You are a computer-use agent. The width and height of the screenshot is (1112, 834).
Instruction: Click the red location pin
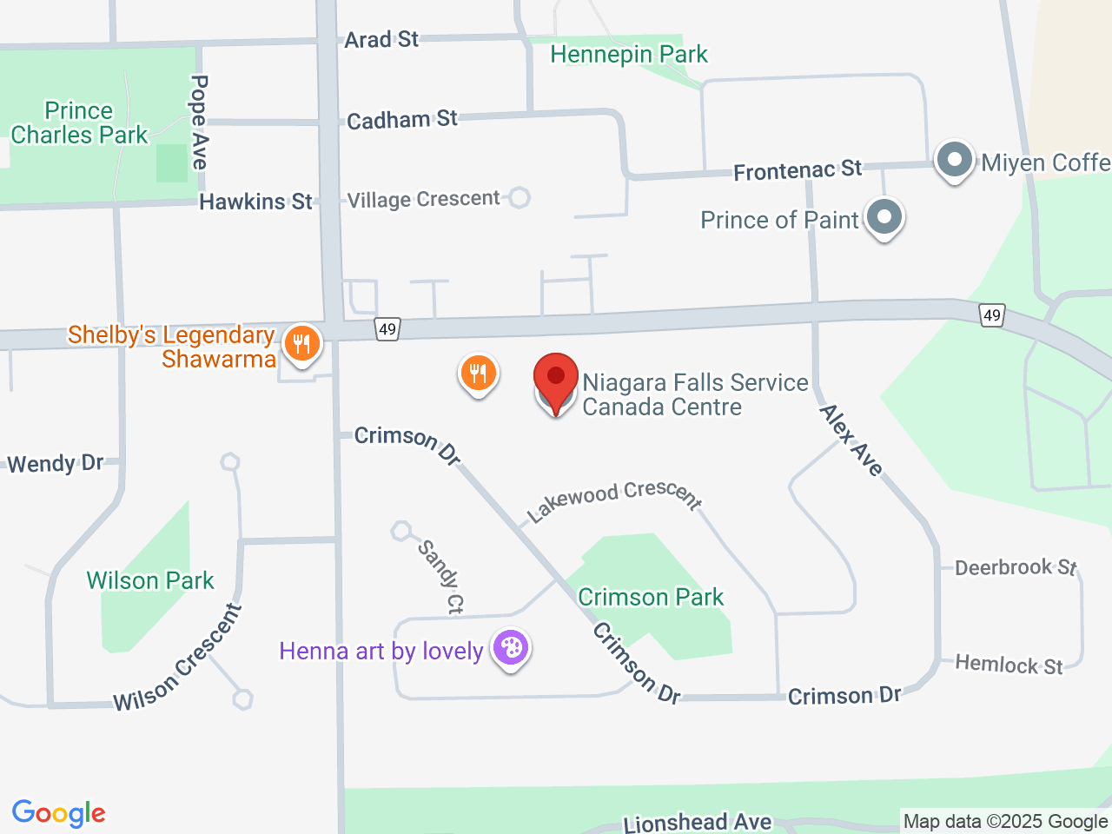556,380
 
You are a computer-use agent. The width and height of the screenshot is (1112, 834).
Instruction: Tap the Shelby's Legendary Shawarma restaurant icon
301,344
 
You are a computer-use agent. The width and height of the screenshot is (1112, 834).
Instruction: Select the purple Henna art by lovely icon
511,648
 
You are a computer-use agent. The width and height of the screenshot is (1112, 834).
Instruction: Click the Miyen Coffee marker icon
955,161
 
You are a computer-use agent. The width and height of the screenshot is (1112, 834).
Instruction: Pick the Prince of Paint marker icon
884,217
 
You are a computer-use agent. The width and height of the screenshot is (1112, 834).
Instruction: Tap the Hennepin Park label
629,55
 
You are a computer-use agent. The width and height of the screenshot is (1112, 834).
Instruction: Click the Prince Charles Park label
79,123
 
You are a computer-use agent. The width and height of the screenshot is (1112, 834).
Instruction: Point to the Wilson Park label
150,580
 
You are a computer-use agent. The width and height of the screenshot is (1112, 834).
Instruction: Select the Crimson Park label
651,598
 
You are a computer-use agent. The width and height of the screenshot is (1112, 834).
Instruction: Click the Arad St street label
381,39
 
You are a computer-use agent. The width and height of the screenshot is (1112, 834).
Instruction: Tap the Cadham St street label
401,119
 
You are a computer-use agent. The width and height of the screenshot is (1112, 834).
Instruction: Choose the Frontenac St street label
798,170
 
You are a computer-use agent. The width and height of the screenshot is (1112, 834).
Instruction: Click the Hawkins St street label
255,202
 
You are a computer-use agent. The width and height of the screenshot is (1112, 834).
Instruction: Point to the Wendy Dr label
56,463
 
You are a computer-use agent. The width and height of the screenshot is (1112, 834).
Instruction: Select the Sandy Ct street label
441,577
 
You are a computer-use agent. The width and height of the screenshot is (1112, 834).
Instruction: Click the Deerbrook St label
1016,568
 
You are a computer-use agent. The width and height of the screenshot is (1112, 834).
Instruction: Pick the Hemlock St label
1009,665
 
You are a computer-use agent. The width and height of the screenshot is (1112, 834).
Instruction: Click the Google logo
59,814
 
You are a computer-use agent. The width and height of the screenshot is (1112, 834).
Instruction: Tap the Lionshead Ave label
698,822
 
